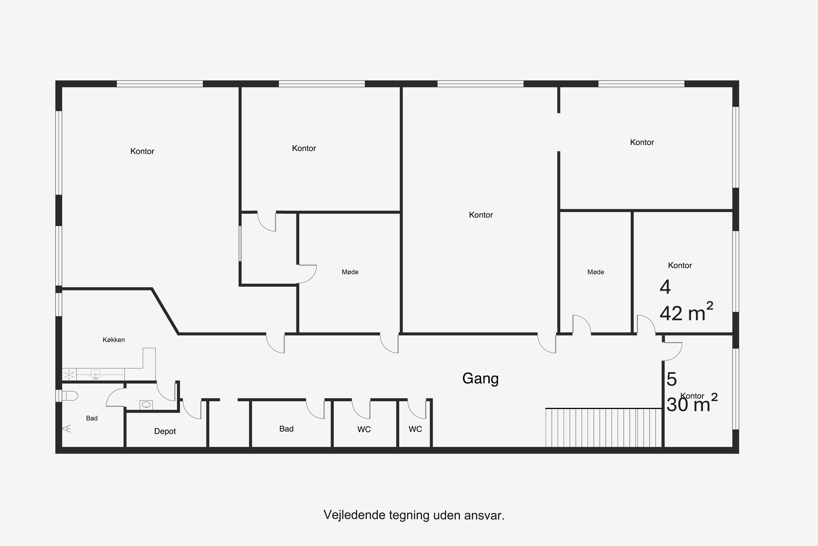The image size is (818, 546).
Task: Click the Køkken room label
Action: pos(114,340)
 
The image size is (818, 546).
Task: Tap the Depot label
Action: pos(165,431)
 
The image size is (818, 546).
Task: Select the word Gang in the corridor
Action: pos(480,378)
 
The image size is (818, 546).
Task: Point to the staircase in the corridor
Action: pos(603,428)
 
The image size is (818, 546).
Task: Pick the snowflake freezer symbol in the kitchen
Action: pos(69,375)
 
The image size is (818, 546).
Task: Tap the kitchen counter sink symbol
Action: pos(95,374)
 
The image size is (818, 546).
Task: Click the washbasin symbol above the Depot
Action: pos(146,405)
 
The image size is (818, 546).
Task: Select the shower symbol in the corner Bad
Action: pos(67,428)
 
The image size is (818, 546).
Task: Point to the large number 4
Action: pos(665,287)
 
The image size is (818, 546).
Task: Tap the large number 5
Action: pos(672,379)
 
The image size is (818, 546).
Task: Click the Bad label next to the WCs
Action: pos(286,429)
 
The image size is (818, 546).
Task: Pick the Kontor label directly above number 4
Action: pos(680,265)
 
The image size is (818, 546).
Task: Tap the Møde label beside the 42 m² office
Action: pos(596,272)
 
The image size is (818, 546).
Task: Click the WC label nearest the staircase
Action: pos(415,429)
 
